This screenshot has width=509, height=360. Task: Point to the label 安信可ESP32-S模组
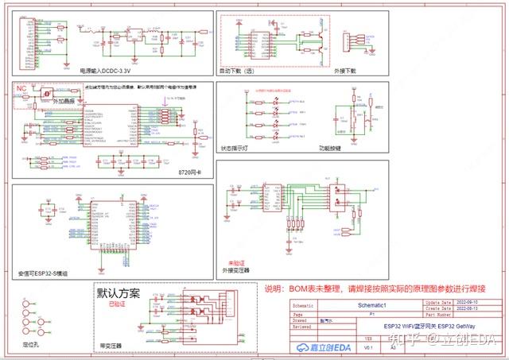[41, 273]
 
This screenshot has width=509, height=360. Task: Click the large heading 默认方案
[119, 293]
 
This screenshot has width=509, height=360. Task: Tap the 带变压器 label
[111, 346]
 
